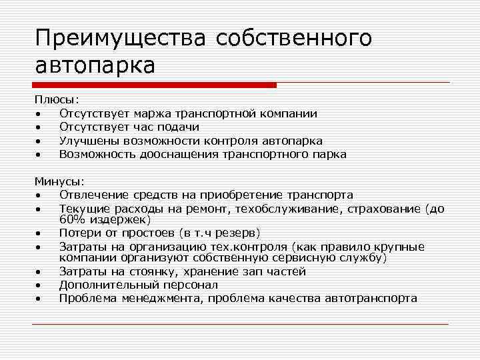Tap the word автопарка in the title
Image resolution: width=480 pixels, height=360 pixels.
95,65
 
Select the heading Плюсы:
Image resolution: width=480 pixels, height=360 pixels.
57,100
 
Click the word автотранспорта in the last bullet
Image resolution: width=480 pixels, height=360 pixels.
370,298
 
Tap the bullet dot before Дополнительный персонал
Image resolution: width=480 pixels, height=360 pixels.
40,285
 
